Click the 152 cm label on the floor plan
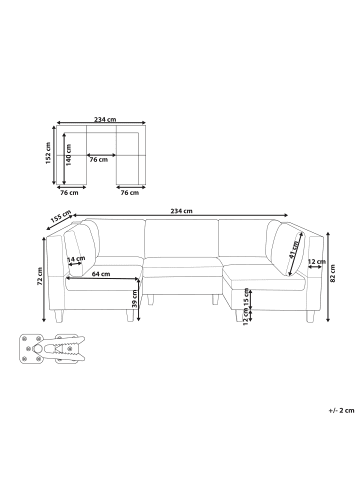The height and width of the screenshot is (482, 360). click(48, 153)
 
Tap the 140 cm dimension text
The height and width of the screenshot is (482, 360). click(69, 155)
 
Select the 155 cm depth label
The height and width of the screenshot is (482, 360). click(61, 216)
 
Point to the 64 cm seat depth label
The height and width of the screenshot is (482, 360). click(101, 274)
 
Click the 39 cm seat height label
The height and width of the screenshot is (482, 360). click(135, 298)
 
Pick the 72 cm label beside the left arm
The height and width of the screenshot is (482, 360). click(40, 276)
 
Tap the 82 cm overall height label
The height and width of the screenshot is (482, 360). click(333, 273)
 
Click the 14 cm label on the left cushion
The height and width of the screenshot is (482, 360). click(76, 259)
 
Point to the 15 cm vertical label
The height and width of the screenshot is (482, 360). click(246, 299)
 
